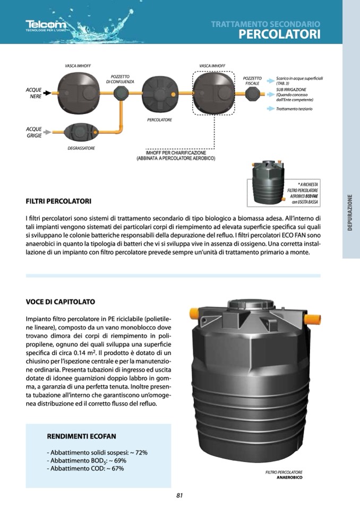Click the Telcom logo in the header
click(46, 25)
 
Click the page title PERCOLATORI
click(279, 34)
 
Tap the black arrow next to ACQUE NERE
click(47, 93)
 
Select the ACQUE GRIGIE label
click(33, 132)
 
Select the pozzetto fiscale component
click(252, 93)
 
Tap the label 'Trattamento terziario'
click(294, 109)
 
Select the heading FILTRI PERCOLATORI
click(58, 202)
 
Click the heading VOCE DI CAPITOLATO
click(61, 302)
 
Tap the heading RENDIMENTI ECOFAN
click(81, 436)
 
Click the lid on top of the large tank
click(250, 306)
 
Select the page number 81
click(179, 495)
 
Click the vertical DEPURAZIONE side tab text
click(350, 213)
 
